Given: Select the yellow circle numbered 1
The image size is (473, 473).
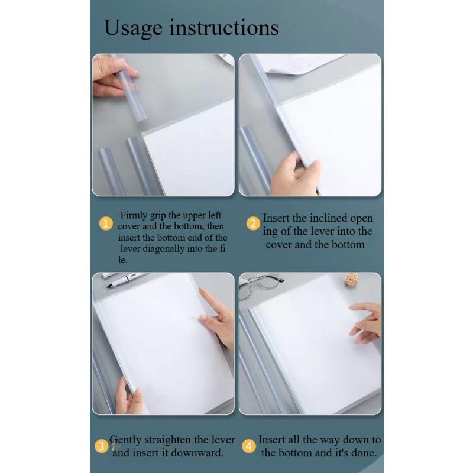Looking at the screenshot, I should click(x=105, y=223).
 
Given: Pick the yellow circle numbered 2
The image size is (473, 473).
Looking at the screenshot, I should click(x=253, y=223).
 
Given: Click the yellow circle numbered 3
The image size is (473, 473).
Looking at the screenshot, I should click(x=102, y=446).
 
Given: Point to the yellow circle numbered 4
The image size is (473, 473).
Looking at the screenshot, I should click(x=249, y=446).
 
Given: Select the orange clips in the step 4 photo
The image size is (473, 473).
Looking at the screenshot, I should click(x=352, y=278).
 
